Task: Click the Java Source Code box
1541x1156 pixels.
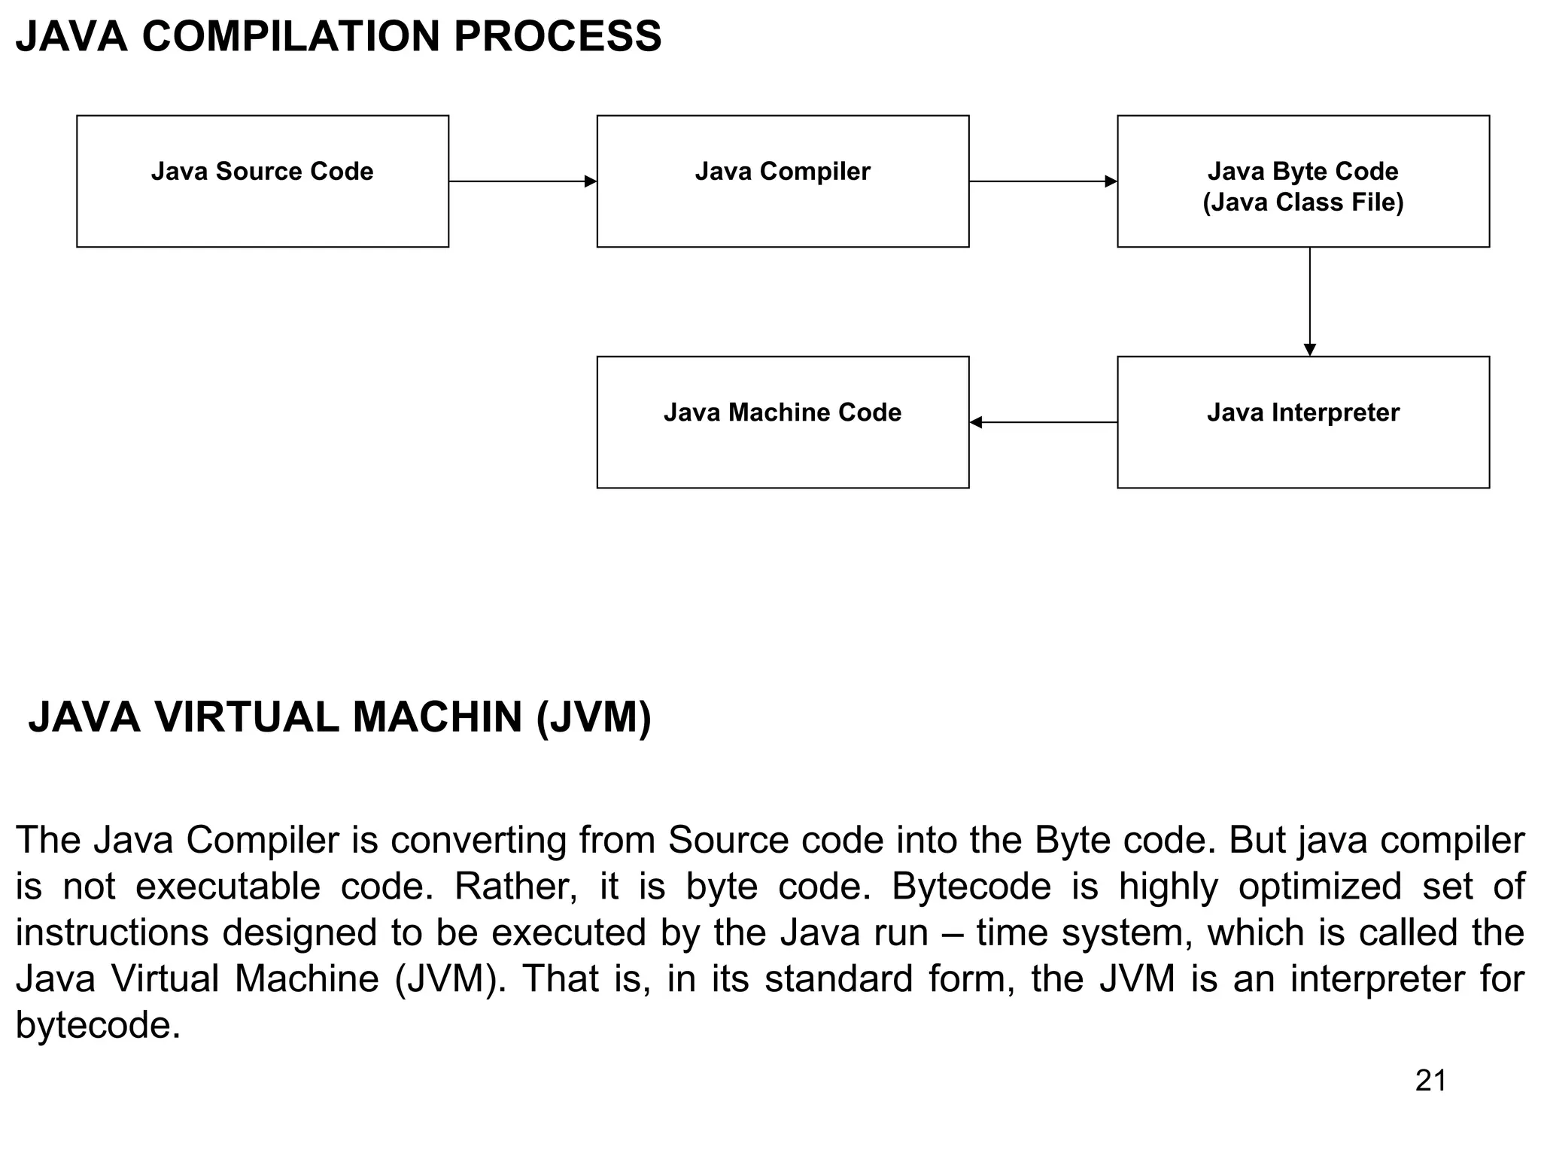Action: tap(263, 181)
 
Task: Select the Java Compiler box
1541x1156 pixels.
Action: tap(783, 181)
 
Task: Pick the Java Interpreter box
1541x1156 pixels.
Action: tap(1302, 422)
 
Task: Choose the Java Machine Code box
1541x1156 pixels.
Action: tap(783, 422)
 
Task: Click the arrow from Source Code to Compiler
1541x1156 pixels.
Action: tap(522, 181)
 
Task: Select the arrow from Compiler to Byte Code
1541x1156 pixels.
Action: tap(1043, 181)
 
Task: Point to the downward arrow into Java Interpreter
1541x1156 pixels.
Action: tap(1309, 301)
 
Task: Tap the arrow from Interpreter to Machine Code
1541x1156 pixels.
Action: tap(1043, 422)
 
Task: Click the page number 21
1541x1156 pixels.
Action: tap(1430, 1081)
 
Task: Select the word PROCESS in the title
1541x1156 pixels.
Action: tap(557, 36)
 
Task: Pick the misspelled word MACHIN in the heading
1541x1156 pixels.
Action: tap(437, 717)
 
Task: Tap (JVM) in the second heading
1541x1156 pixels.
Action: tap(594, 717)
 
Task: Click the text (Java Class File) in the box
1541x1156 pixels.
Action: tap(1302, 202)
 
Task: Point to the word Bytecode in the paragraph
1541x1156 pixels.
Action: tap(971, 887)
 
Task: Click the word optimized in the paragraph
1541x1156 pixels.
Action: tap(1319, 887)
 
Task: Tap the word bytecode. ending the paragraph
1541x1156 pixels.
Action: tap(98, 1026)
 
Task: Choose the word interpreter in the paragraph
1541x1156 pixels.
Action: tap(1375, 979)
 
